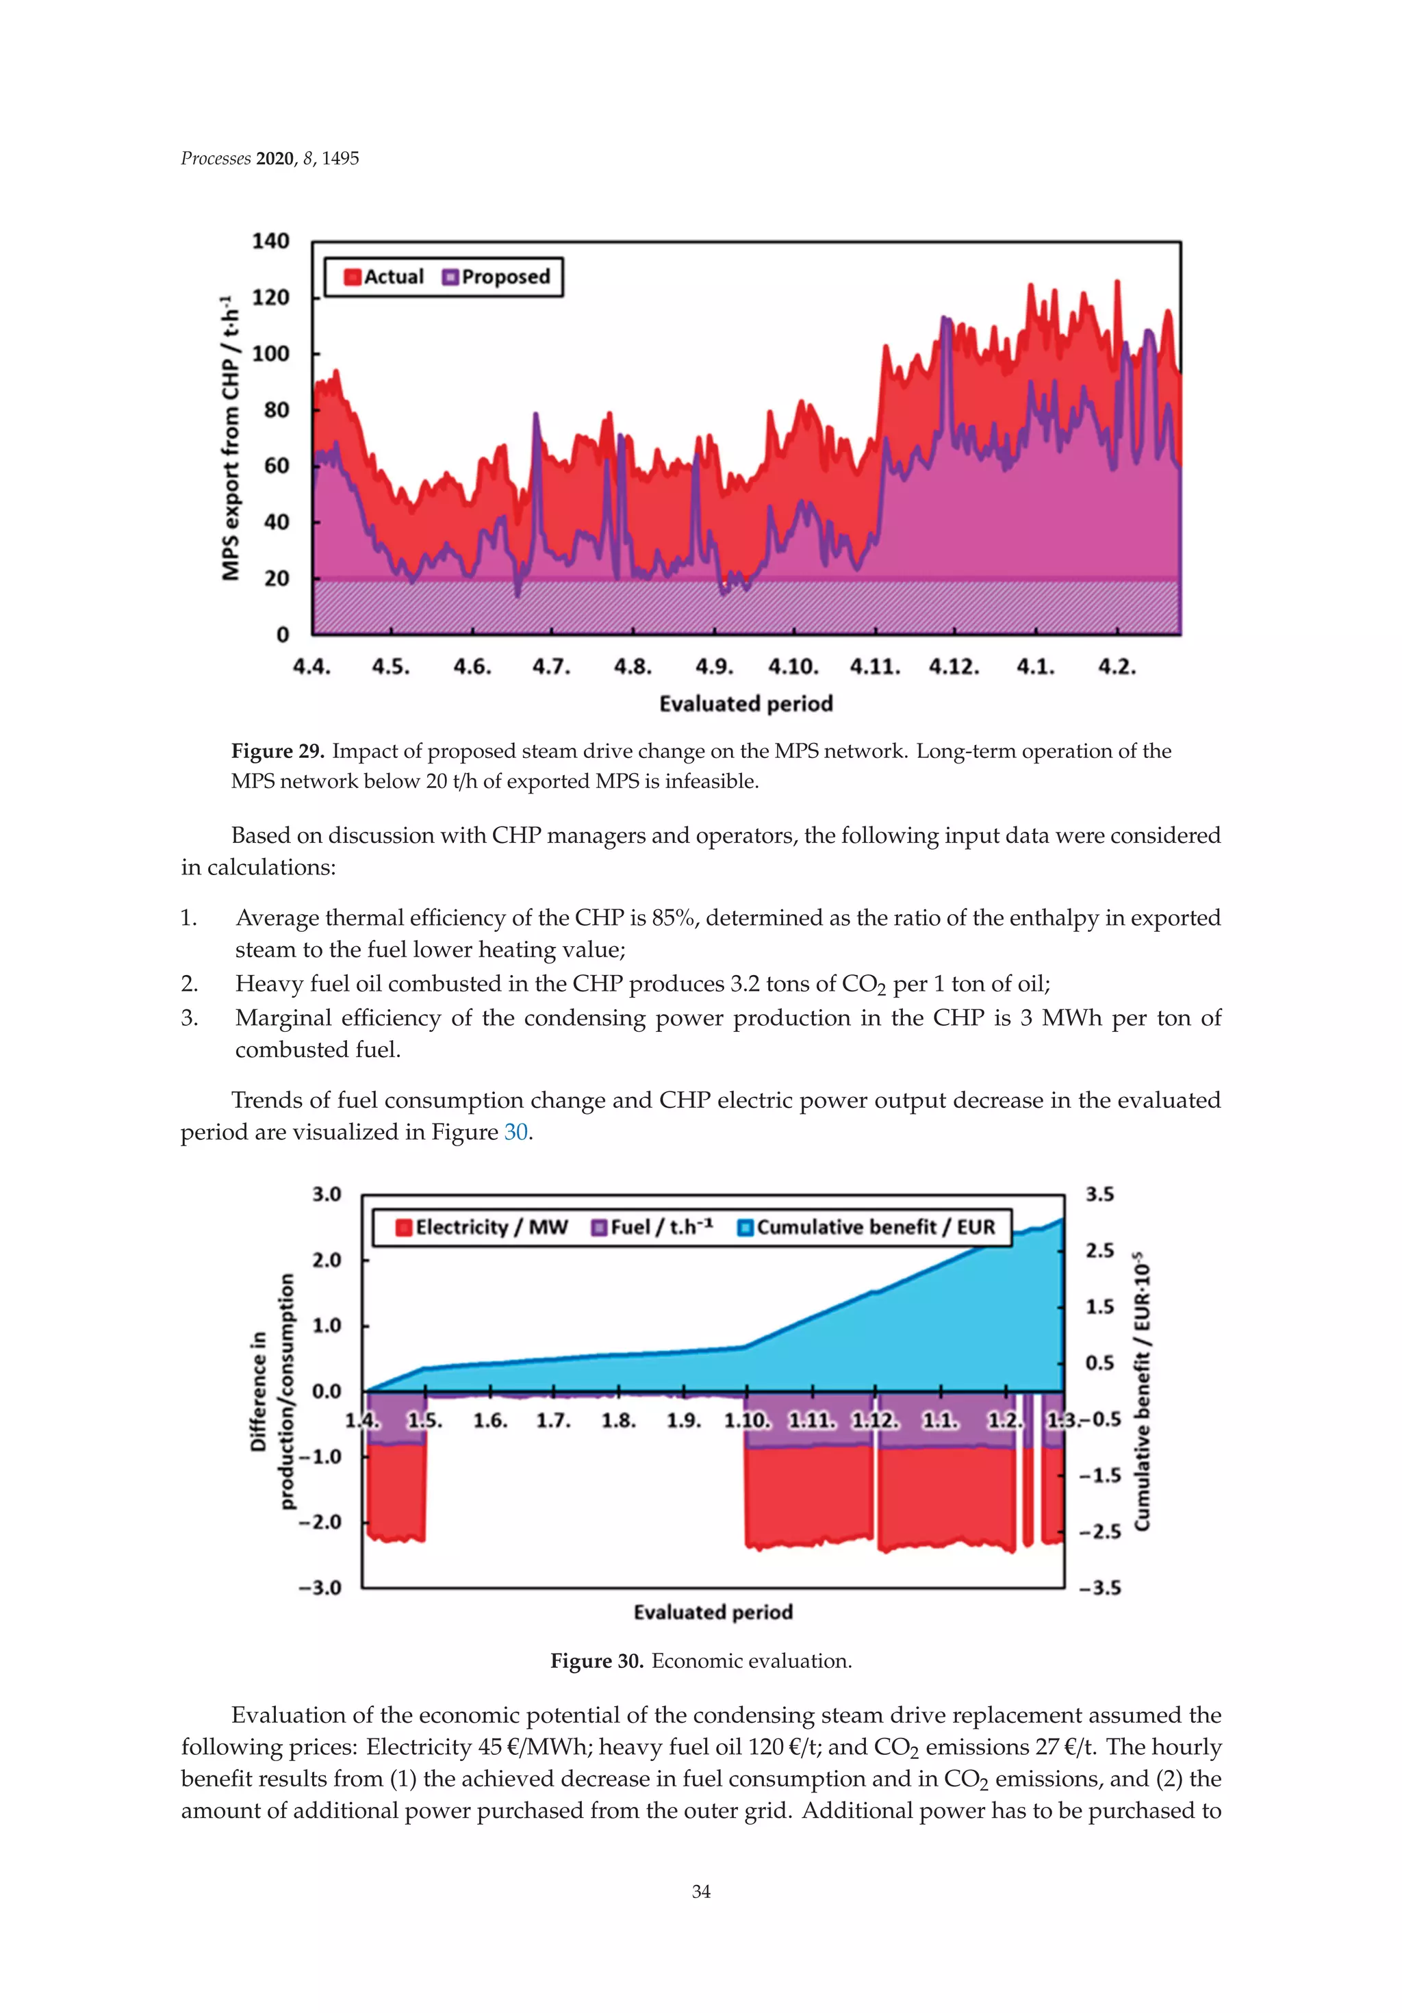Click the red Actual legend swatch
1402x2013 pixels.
click(353, 277)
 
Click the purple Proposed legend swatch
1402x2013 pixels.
click(450, 277)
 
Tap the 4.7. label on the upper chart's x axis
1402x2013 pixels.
click(550, 667)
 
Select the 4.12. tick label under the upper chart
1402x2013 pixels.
click(954, 667)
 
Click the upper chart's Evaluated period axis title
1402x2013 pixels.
click(745, 704)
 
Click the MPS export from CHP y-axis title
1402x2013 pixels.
click(231, 438)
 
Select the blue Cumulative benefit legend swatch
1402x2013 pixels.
click(745, 1228)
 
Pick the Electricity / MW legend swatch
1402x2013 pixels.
click(404, 1228)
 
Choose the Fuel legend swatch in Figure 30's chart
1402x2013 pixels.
click(600, 1228)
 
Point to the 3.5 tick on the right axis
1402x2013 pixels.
click(1099, 1194)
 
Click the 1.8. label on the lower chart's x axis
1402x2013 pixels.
click(618, 1420)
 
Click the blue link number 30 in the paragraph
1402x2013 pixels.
click(515, 1132)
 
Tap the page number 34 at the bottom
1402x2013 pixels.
click(700, 1892)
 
